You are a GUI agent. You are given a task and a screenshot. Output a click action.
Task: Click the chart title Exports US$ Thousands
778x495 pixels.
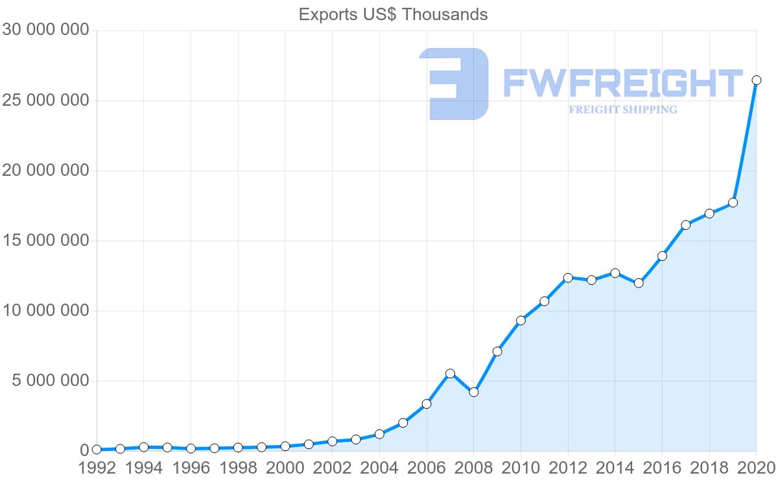pyautogui.click(x=393, y=14)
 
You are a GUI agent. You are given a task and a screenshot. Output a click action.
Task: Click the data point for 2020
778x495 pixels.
pyautogui.click(x=756, y=80)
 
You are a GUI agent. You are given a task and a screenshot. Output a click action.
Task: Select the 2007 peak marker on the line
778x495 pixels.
pyautogui.click(x=450, y=374)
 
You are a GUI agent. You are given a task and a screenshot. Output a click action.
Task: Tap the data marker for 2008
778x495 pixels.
pyautogui.click(x=473, y=392)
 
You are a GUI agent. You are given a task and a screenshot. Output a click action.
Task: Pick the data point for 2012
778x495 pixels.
pyautogui.click(x=568, y=278)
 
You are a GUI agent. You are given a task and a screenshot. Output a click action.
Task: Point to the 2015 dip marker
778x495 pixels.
pyautogui.click(x=639, y=283)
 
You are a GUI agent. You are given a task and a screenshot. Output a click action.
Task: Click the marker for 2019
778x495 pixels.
pyautogui.click(x=733, y=202)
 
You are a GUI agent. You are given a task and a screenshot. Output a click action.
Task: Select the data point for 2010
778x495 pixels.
pyautogui.click(x=521, y=320)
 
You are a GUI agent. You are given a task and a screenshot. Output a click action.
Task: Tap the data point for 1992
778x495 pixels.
pyautogui.click(x=97, y=450)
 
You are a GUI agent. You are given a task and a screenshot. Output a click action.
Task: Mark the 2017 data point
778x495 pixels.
pyautogui.click(x=685, y=225)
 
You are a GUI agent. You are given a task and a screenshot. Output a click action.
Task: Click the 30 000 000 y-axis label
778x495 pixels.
pyautogui.click(x=45, y=30)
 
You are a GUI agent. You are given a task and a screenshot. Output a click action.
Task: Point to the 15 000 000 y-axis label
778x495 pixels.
pyautogui.click(x=45, y=241)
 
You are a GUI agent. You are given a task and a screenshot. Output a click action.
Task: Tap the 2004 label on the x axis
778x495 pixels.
pyautogui.click(x=379, y=468)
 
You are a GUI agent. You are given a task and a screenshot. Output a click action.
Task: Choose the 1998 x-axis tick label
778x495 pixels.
pyautogui.click(x=238, y=468)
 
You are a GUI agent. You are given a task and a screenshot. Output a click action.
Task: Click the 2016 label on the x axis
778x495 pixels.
pyautogui.click(x=662, y=468)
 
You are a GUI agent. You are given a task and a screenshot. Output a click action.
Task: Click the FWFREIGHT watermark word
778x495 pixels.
pyautogui.click(x=622, y=84)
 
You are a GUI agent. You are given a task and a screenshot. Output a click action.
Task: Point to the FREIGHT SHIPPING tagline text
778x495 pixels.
pyautogui.click(x=622, y=110)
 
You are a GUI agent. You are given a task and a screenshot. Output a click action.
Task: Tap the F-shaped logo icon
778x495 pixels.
pyautogui.click(x=454, y=84)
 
